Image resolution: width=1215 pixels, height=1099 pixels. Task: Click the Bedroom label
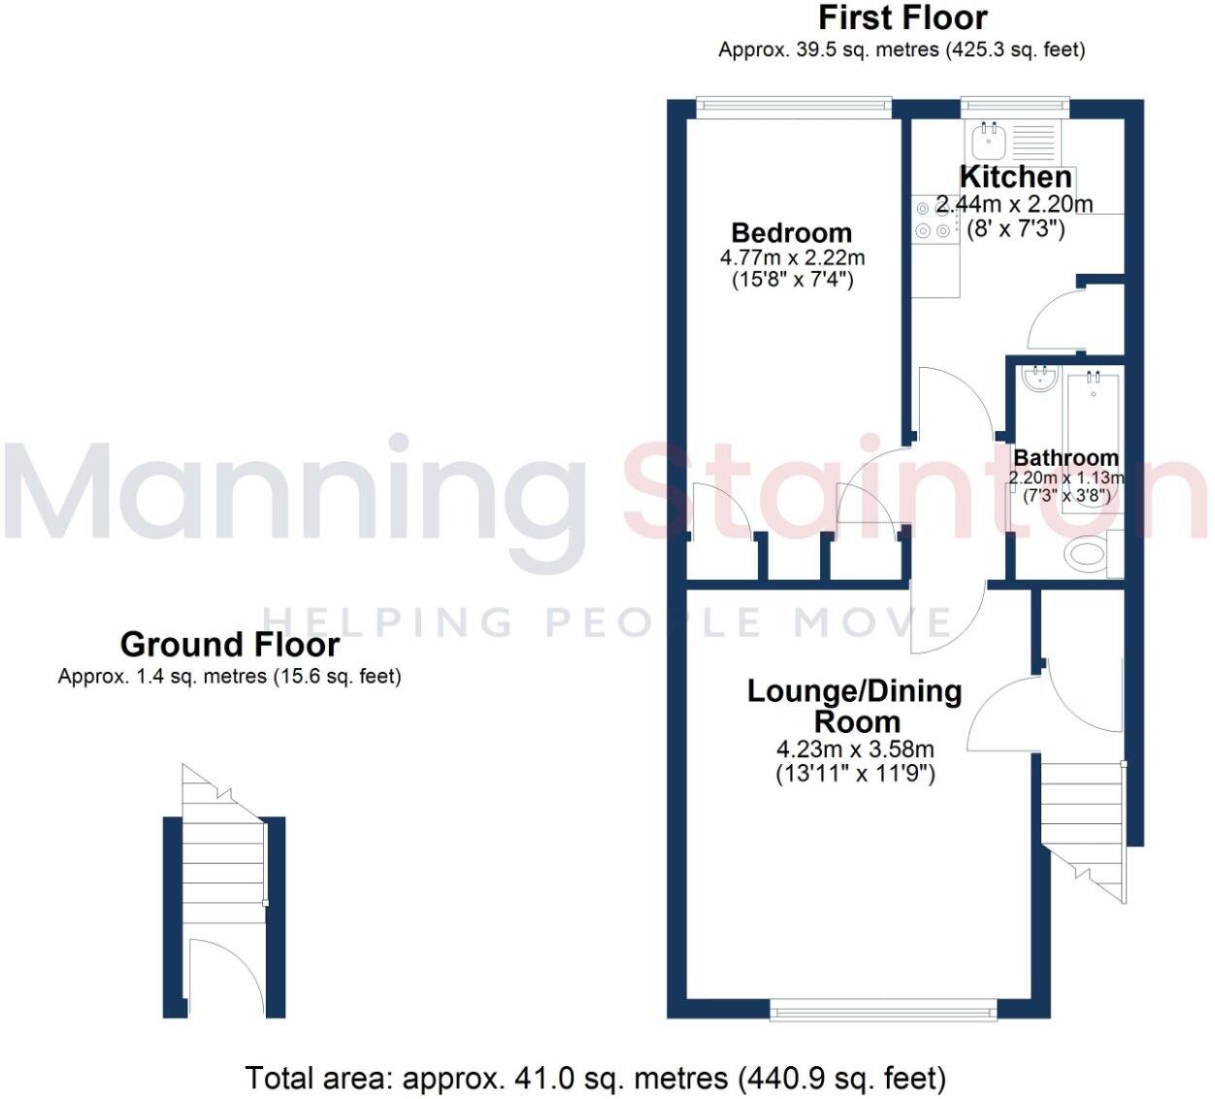tap(791, 233)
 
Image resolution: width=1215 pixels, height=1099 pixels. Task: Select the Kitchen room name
tap(1015, 177)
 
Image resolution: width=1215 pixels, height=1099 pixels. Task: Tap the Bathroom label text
tap(1066, 457)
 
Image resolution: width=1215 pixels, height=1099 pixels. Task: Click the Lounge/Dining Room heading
tap(855, 706)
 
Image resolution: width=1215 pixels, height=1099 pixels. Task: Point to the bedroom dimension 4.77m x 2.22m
tap(792, 258)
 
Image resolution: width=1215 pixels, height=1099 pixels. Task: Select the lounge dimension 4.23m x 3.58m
tap(855, 749)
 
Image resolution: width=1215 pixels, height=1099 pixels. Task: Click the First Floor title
tap(903, 17)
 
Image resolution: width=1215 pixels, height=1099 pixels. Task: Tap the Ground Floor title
tap(230, 645)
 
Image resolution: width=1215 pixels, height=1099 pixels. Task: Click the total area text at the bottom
tap(595, 1078)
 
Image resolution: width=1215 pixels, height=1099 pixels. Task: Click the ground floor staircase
tap(224, 864)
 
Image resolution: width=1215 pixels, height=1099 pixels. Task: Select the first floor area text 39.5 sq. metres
tap(902, 50)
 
